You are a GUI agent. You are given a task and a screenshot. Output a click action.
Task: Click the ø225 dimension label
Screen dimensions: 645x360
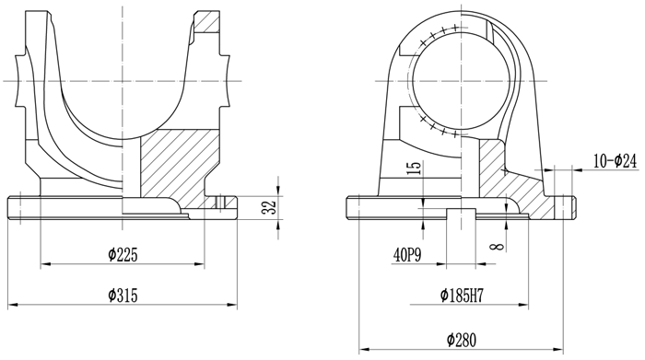123,255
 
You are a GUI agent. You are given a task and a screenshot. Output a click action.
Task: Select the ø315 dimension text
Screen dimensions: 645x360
123,296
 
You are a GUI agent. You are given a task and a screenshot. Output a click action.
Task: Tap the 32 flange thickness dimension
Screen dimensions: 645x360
269,207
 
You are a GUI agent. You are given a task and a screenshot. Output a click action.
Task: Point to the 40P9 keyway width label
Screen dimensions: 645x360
407,256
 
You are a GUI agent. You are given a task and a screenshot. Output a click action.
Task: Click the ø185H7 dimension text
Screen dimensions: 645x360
462,296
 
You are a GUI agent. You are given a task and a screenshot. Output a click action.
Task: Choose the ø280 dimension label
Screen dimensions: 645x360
462,341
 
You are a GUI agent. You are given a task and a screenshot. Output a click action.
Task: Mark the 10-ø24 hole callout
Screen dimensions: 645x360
616,161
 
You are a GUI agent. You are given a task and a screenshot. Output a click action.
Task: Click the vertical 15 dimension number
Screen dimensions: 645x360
416,168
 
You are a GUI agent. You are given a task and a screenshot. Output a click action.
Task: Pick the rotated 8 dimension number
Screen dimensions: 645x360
497,246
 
